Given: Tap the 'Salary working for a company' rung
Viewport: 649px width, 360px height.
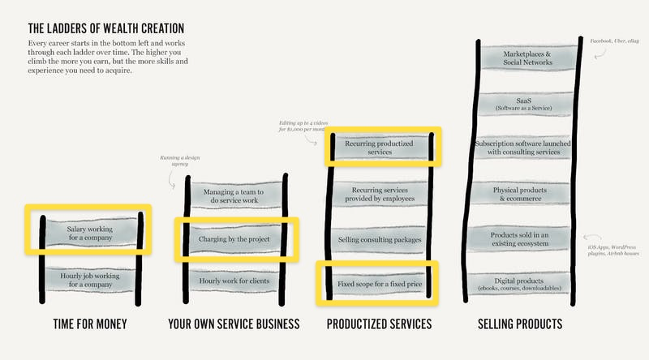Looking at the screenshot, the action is [x=90, y=234].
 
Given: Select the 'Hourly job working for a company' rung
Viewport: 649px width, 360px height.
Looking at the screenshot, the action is [x=90, y=280].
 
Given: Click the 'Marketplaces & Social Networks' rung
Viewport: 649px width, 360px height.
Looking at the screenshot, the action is [x=527, y=58].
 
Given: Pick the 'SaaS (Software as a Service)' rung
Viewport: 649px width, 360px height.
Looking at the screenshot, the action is [x=527, y=104].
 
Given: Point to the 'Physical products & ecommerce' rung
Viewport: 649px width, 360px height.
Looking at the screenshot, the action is [x=527, y=194].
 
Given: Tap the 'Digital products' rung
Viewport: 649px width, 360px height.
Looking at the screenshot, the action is [x=527, y=284].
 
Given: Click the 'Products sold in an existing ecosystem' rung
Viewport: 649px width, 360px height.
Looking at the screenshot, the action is [x=527, y=239].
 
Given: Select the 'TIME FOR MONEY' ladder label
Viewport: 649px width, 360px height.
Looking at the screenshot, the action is [x=89, y=324].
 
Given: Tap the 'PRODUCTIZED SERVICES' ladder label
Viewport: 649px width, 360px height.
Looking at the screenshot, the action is [x=379, y=324].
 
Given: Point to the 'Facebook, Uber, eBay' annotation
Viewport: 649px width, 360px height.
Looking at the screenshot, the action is [x=614, y=39].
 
